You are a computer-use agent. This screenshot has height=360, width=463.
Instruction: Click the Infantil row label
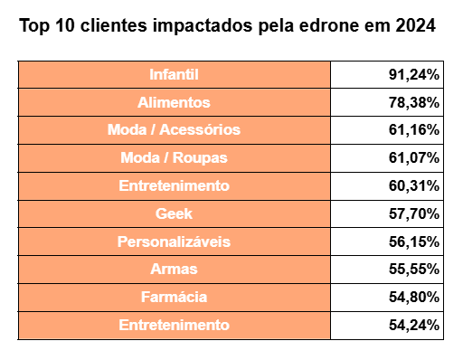point(174,74)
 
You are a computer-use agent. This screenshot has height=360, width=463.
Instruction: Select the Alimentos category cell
point(174,102)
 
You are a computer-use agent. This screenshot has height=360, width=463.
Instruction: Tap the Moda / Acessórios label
point(174,130)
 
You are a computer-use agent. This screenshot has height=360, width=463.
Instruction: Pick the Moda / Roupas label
point(174,158)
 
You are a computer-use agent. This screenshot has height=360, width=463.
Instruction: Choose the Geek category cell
point(174,214)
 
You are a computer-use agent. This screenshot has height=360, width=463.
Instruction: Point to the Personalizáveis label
point(174,242)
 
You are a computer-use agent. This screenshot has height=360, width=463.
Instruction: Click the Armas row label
point(174,270)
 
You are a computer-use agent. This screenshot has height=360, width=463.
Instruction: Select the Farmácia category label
point(174,297)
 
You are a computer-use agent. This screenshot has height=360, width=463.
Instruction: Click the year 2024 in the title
point(417,26)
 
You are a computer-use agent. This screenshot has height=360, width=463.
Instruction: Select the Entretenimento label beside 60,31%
point(174,186)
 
